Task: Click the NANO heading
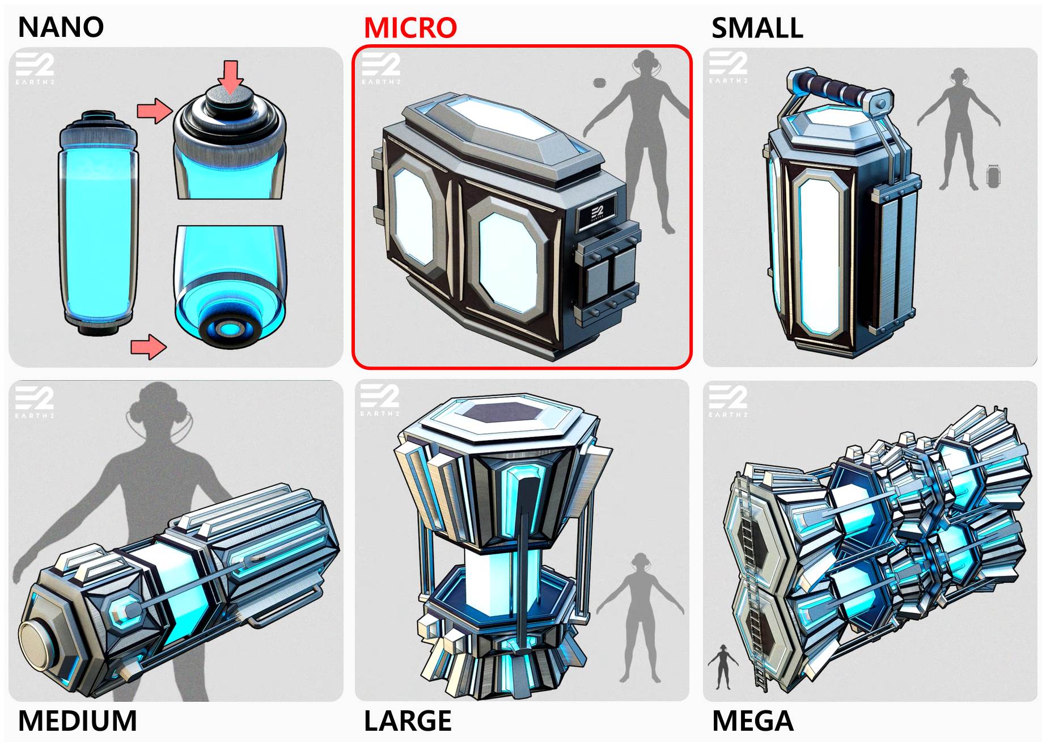61,27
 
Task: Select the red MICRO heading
410,27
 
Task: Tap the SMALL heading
757,28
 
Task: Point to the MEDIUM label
78,721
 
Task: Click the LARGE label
408,721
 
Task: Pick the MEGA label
752,721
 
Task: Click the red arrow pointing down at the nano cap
231,77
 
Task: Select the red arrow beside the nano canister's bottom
149,346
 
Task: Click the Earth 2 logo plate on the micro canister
597,213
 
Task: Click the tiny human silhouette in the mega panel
723,667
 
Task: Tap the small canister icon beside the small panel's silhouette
992,176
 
